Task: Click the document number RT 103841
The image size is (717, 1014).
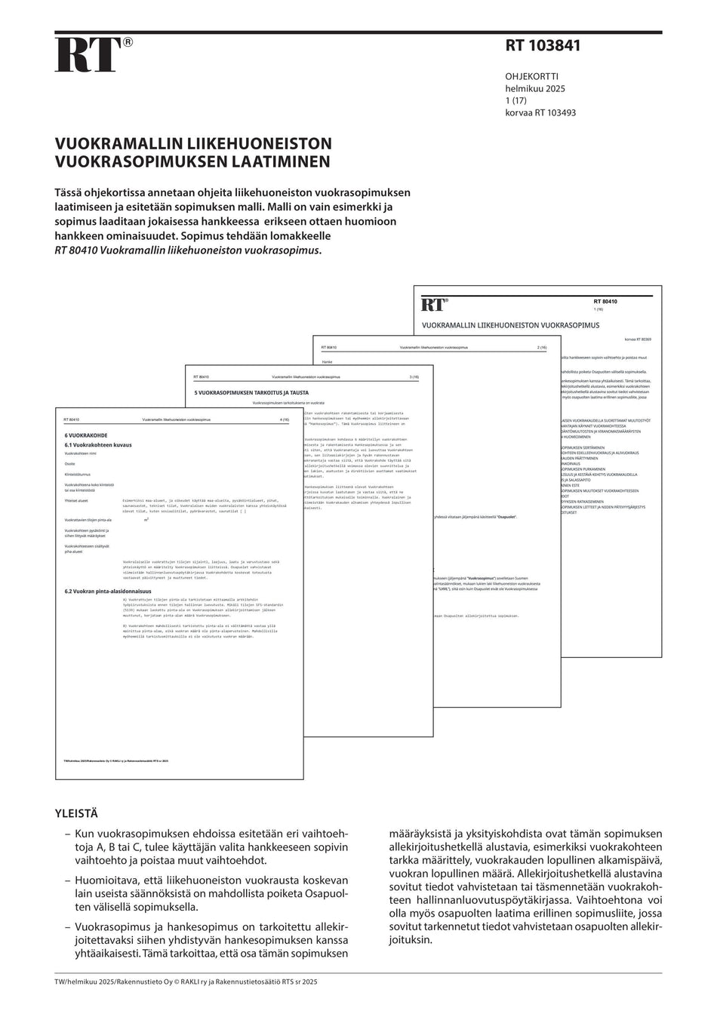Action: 543,46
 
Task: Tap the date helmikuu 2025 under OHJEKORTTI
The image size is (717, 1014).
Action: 535,89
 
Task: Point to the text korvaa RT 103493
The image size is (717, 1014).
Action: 540,113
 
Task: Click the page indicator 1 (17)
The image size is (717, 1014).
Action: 518,101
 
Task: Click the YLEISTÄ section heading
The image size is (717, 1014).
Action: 76,814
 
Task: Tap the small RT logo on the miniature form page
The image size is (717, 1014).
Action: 435,305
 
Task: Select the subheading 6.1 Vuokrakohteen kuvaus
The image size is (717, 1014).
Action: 98,445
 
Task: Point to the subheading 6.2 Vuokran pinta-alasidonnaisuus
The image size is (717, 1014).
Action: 108,591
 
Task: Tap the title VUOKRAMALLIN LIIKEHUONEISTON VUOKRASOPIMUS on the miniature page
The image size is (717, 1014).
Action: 510,325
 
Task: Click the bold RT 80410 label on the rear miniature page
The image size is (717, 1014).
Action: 605,302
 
